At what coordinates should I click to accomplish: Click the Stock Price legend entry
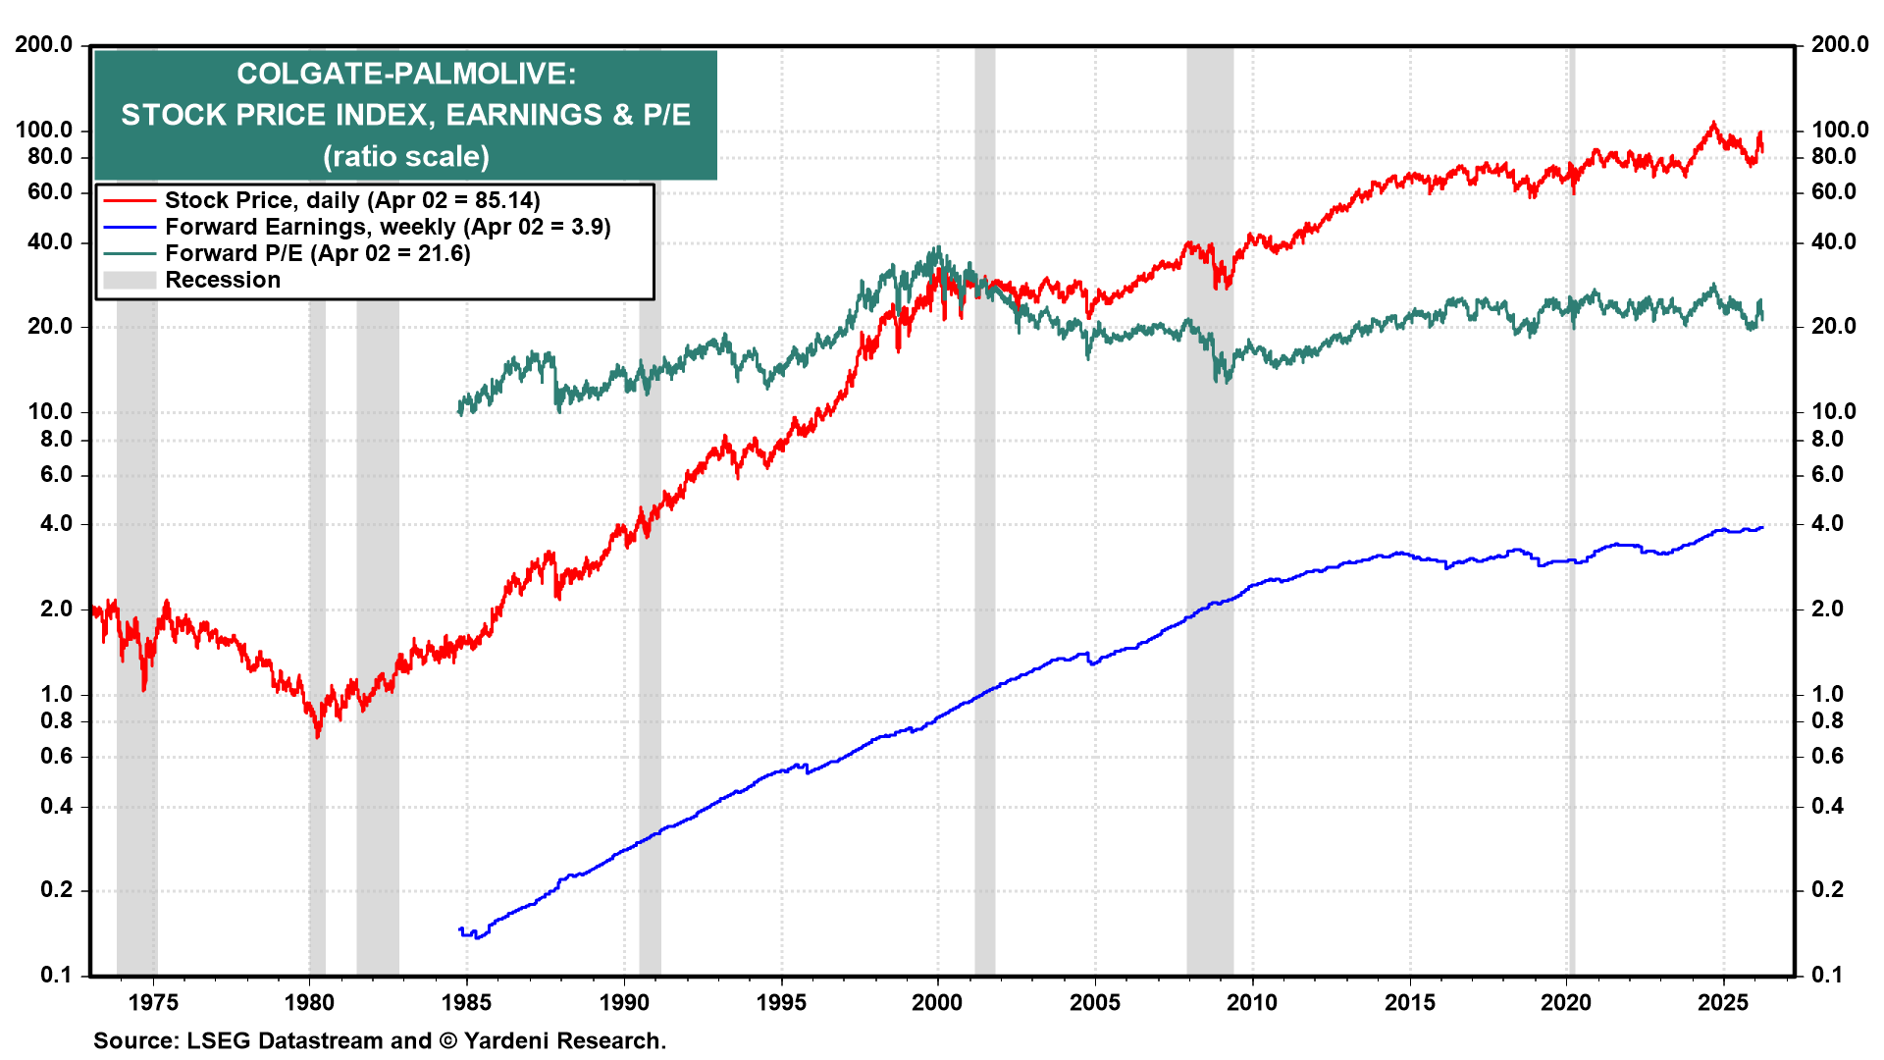(x=351, y=200)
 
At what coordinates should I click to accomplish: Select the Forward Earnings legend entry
(x=387, y=227)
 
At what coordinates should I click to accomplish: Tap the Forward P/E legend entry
(x=317, y=253)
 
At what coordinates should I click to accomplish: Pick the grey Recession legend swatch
(x=130, y=280)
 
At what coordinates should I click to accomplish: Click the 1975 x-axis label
(x=153, y=1002)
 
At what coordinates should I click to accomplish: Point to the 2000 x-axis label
(x=937, y=1002)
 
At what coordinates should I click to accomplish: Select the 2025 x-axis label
(x=1723, y=1002)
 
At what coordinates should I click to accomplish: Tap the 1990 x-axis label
(x=624, y=1002)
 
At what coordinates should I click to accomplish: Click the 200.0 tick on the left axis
(x=43, y=44)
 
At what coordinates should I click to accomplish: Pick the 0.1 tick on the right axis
(x=1826, y=975)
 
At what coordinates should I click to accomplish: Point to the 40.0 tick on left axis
(x=49, y=241)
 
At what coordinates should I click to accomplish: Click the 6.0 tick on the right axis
(x=1826, y=474)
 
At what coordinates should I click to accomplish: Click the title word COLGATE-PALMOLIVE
(x=405, y=74)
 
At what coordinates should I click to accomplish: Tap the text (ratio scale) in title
(x=405, y=156)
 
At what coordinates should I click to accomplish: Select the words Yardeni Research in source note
(x=563, y=1040)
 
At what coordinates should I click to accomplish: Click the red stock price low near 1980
(x=318, y=734)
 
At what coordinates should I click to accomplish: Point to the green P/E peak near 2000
(x=938, y=247)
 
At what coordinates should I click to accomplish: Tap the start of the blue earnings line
(x=460, y=929)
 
